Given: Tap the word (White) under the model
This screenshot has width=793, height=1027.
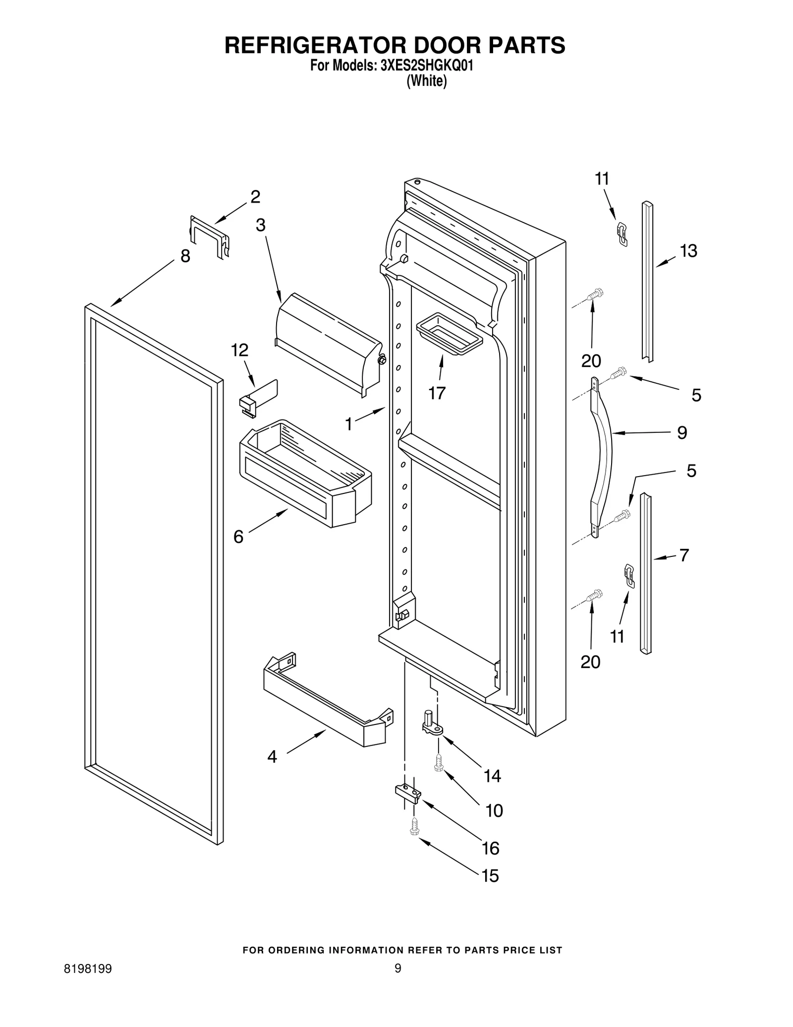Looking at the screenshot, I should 426,81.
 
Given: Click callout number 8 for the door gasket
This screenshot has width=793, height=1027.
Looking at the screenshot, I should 185,256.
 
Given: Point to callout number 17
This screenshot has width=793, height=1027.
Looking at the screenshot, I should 437,393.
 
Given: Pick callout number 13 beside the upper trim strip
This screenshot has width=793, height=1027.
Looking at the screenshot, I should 688,251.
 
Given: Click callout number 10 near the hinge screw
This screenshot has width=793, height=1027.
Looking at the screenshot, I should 494,810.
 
